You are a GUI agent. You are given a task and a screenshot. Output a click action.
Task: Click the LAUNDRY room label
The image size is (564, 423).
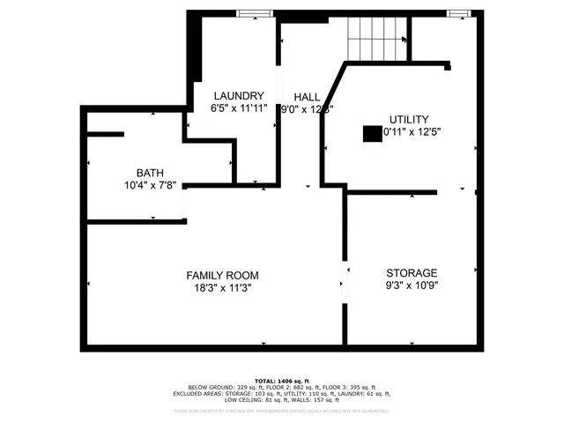(237, 95)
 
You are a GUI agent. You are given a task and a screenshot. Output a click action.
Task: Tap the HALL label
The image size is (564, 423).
(307, 97)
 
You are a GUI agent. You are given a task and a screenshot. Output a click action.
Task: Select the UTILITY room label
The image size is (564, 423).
(409, 119)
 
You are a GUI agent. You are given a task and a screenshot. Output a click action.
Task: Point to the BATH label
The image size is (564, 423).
(149, 173)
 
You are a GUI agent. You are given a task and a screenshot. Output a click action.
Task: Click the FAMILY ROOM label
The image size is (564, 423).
(222, 275)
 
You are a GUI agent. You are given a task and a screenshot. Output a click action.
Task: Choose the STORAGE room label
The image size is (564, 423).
(412, 272)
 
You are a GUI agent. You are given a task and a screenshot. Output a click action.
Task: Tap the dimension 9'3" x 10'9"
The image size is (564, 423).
(412, 285)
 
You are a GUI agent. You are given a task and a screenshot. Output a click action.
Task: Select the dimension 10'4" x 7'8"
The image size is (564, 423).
(149, 185)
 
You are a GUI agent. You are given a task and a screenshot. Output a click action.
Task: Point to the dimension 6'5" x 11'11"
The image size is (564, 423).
(238, 108)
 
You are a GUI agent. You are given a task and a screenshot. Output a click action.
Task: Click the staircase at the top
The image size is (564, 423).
(378, 39)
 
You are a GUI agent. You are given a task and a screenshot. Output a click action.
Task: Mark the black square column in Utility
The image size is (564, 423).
(371, 133)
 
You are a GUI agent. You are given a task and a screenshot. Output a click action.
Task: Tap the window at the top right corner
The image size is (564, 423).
(458, 12)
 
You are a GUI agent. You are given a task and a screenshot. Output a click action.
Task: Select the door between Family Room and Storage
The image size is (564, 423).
(344, 283)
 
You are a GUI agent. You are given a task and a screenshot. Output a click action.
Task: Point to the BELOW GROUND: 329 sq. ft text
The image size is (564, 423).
(224, 387)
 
